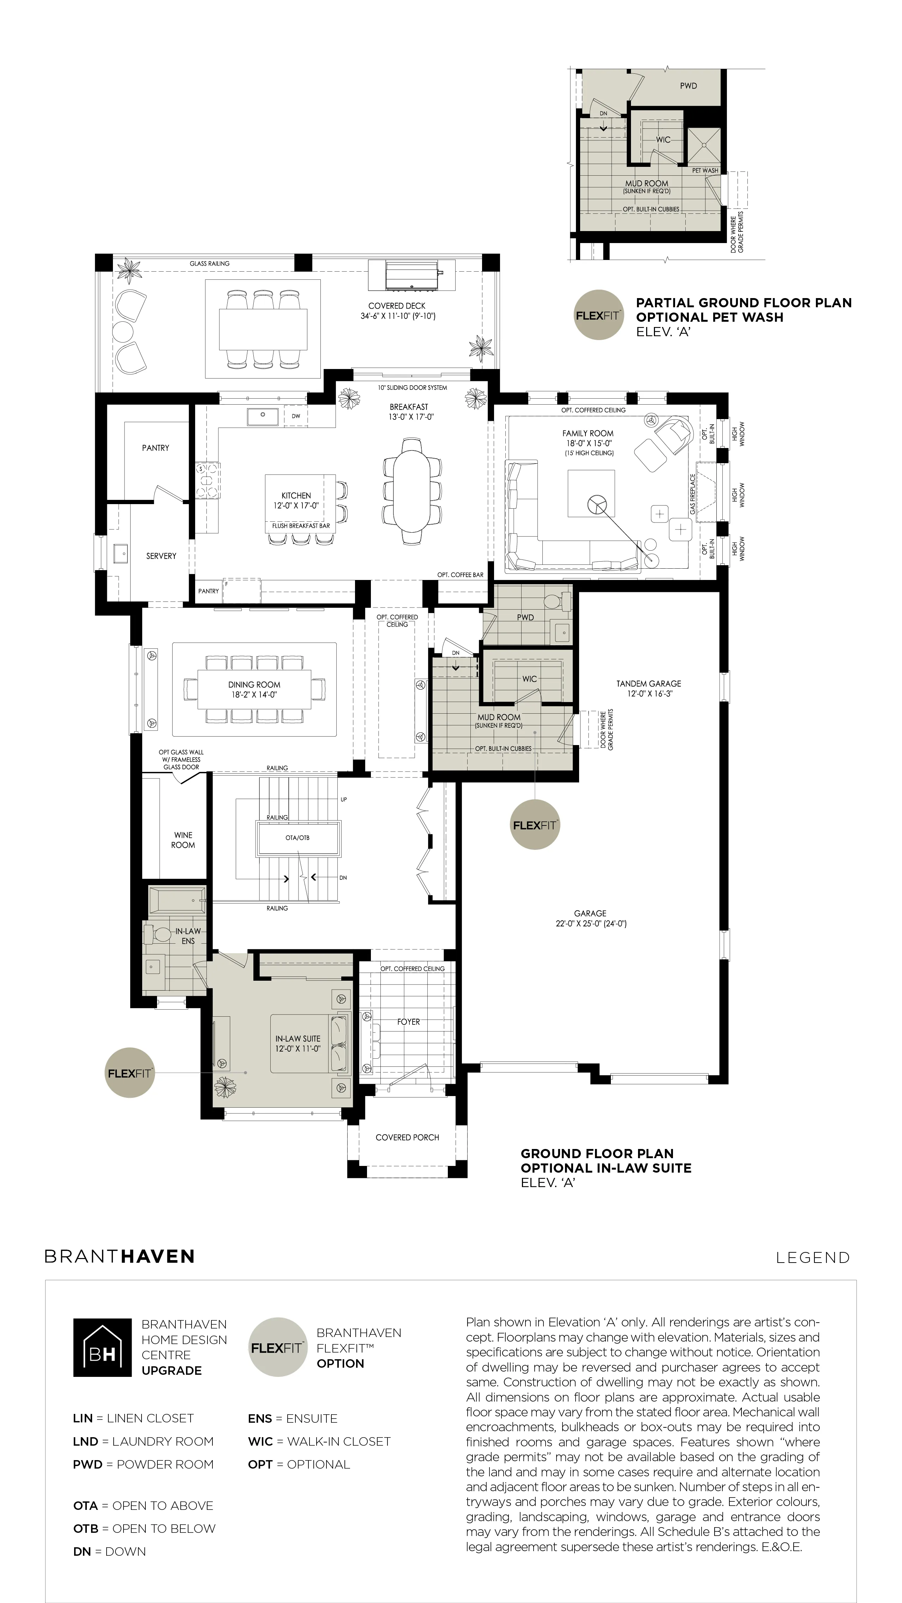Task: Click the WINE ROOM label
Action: (183, 840)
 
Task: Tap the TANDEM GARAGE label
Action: (649, 683)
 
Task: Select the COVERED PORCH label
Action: (407, 1137)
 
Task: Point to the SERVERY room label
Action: (161, 556)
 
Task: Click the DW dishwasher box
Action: (296, 416)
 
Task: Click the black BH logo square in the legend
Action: (102, 1347)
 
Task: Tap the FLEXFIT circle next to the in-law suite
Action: (130, 1073)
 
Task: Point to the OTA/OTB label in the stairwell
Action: (297, 837)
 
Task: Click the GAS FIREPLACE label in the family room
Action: (693, 494)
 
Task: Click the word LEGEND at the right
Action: (812, 1258)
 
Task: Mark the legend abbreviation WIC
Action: (260, 1441)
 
